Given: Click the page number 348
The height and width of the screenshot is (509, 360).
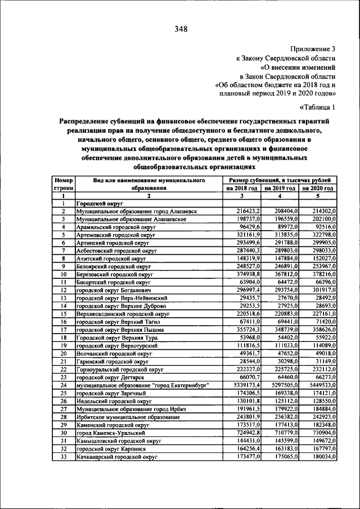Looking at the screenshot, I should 181,29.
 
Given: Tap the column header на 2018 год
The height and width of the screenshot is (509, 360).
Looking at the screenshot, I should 242,188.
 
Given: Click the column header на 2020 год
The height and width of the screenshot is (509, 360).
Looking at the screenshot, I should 318,188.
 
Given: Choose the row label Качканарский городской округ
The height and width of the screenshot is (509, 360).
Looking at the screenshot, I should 110,458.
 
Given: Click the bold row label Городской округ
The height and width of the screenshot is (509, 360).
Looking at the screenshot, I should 96,203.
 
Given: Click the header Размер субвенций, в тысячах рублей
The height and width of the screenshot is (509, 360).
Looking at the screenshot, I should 280,179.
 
